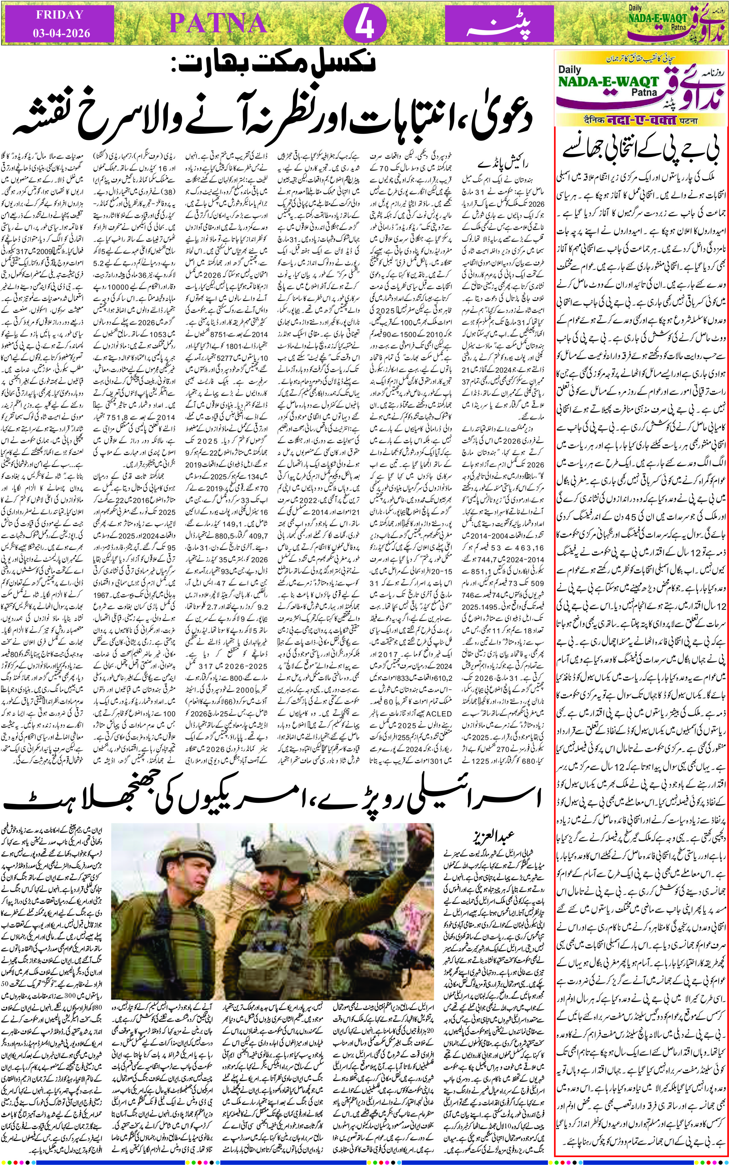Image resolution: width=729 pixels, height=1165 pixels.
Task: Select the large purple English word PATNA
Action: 218,23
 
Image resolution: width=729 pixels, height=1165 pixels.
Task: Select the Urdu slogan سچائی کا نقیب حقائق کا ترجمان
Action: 641,59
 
